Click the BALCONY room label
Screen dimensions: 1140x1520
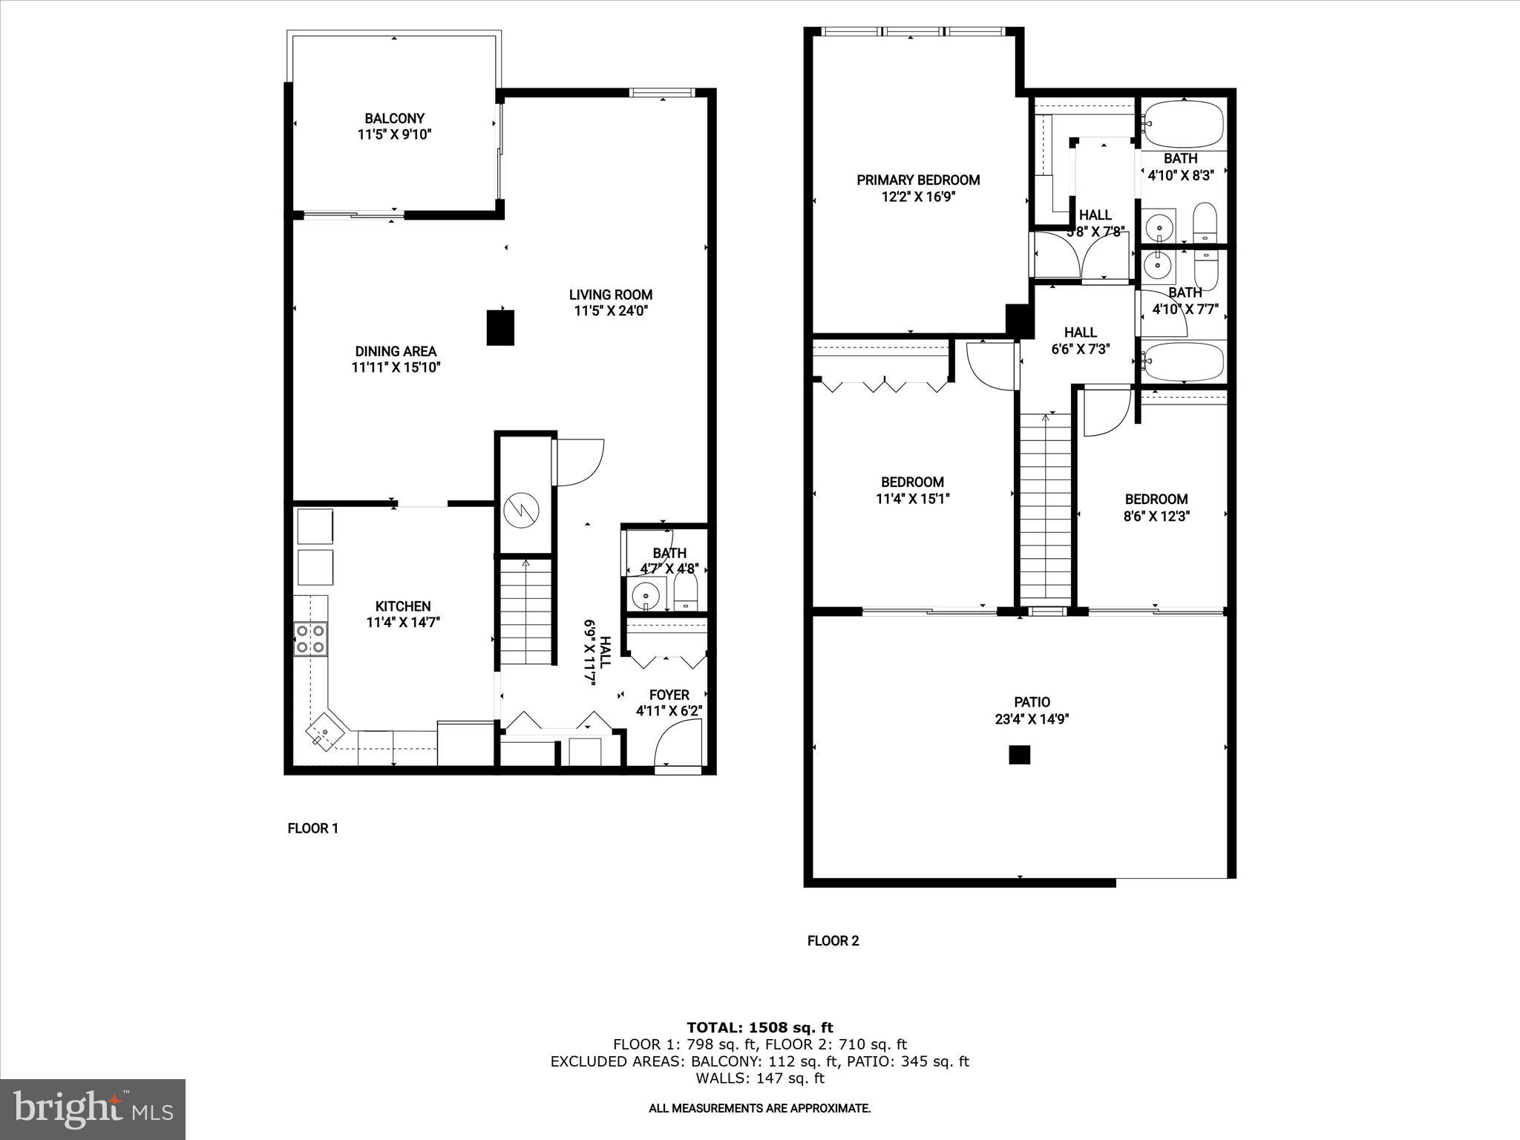394,119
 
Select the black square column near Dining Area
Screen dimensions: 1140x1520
500,327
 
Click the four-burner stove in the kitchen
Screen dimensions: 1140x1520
310,639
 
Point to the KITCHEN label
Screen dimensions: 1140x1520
403,606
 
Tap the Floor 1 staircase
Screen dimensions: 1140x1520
525,613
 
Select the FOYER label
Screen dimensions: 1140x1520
669,695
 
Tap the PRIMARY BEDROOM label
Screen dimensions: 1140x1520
918,180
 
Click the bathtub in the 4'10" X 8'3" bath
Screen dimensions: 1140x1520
1183,125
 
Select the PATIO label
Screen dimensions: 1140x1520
1032,702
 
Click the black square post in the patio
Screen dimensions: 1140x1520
1020,755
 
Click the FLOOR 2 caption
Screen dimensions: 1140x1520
833,941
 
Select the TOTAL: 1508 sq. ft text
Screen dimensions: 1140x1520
759,1028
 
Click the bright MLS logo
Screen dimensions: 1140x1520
93,1109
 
